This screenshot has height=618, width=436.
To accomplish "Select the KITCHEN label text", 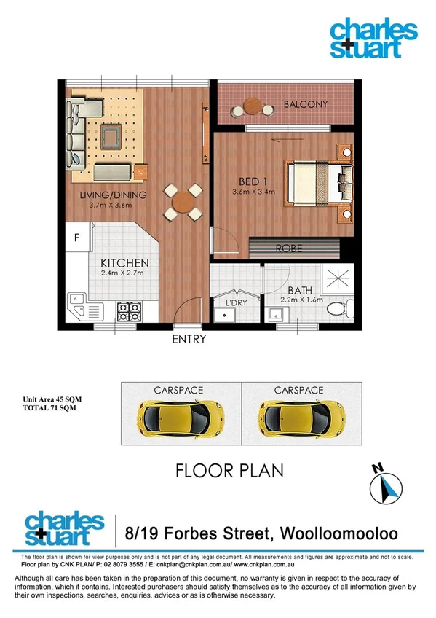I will pyautogui.click(x=124, y=263).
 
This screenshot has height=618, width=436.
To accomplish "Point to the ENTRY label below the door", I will pyautogui.click(x=189, y=339).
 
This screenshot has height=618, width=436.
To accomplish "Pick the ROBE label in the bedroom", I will pyautogui.click(x=288, y=249).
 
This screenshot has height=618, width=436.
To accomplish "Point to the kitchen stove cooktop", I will pyautogui.click(x=129, y=312).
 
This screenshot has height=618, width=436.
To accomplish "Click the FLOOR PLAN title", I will pyautogui.click(x=230, y=470).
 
